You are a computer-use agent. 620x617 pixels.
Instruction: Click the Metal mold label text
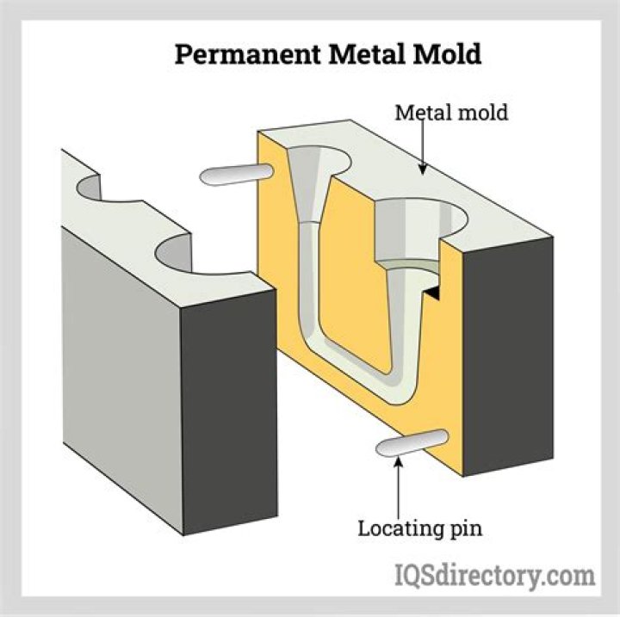point(451,112)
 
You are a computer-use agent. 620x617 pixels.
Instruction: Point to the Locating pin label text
point(420,527)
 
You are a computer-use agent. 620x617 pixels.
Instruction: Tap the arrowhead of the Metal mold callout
point(423,170)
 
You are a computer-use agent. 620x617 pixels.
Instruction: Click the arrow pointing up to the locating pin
point(398,486)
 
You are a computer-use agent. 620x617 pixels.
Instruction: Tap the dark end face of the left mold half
point(229,413)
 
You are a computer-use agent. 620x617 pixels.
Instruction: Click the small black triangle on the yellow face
point(436,293)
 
